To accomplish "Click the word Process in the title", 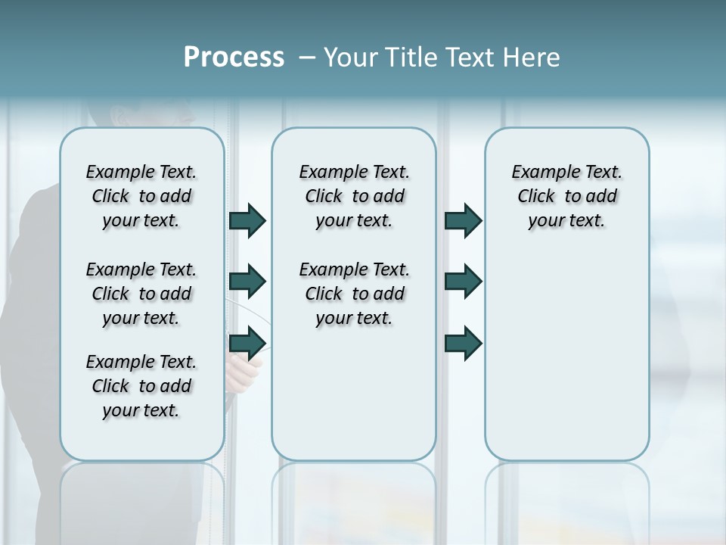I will coord(234,58).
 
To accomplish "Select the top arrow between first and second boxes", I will coord(247,221).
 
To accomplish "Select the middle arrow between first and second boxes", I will coord(247,282).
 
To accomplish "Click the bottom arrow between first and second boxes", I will coord(247,343).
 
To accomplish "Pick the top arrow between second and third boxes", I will coord(463,221).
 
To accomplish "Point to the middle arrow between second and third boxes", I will coord(463,282).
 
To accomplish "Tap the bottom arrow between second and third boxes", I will coord(463,343).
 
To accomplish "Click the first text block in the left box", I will coord(141,196).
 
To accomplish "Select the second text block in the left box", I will coord(141,294).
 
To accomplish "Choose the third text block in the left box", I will coord(141,386).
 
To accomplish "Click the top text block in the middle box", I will coord(354,196).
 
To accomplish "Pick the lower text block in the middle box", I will coord(354,294).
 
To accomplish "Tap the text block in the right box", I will coord(567,196).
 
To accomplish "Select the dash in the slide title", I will coord(307,58).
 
